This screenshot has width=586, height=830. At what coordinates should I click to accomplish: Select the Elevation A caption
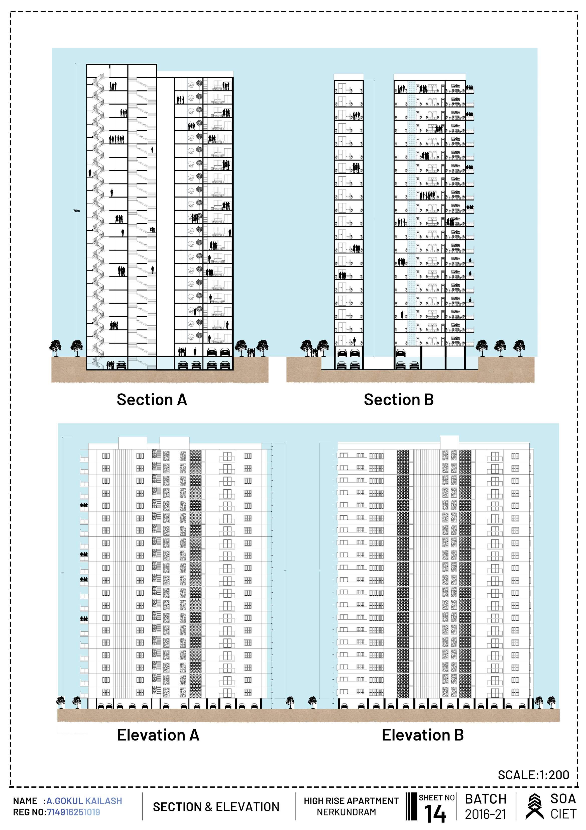[x=158, y=735]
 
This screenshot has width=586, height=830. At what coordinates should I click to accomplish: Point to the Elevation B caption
[x=423, y=735]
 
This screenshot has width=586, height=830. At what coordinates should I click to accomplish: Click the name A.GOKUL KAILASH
[x=84, y=801]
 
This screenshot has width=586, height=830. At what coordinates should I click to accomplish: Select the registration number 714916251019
[x=74, y=812]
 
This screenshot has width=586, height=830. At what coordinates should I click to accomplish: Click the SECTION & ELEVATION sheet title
[x=216, y=807]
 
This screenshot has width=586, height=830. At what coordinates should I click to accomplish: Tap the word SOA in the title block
[x=563, y=799]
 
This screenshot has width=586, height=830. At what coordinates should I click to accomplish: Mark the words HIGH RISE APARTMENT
[x=351, y=801]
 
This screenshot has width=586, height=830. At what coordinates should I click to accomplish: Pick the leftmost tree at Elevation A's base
[x=61, y=702]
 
